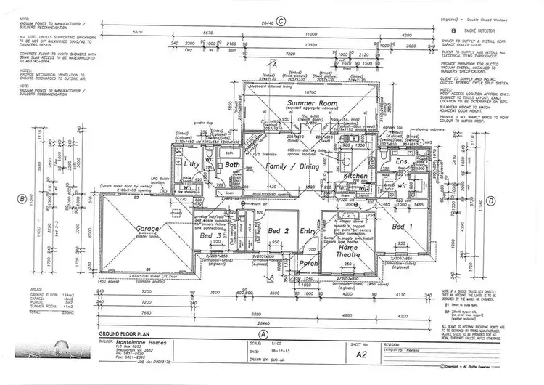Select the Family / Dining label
point(288,166)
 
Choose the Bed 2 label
point(278,230)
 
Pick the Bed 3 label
point(210,237)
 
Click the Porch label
point(309,263)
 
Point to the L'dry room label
point(191,165)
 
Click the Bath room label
point(232,166)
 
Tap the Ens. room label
point(401,161)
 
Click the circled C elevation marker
point(289,20)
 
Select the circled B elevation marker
point(22,197)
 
